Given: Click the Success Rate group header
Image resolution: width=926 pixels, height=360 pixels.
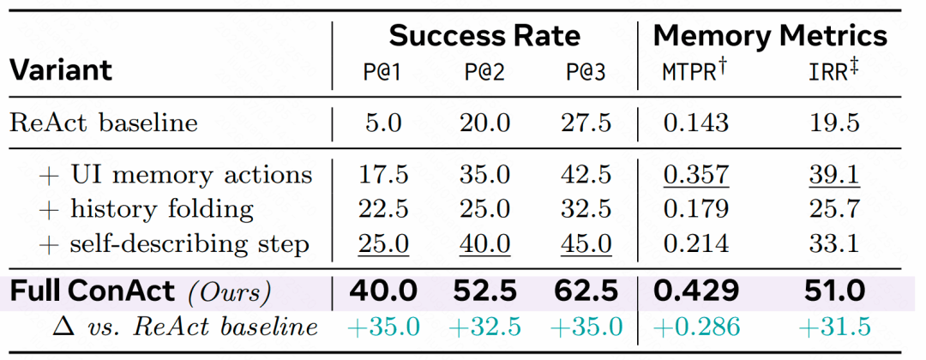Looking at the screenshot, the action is [x=484, y=37].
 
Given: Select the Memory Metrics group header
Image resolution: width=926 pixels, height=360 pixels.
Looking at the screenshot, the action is [x=770, y=37].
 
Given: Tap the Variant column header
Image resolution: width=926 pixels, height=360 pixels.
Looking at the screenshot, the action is [x=61, y=71].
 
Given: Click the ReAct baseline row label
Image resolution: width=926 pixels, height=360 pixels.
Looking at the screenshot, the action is [x=104, y=123].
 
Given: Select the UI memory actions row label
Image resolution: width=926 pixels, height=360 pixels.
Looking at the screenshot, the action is [x=175, y=175].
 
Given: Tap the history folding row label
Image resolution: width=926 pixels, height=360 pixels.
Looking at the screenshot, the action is [x=147, y=209].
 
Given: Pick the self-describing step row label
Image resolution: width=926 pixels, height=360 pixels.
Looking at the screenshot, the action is [x=174, y=243].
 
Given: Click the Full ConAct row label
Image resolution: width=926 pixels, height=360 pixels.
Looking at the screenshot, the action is [x=141, y=291].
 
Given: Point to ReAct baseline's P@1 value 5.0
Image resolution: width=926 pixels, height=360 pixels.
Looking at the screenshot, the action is [x=384, y=124].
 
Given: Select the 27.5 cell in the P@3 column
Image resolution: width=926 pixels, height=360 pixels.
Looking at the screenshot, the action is [x=586, y=124].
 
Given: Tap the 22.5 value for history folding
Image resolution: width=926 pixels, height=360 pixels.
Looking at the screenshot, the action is [x=384, y=209].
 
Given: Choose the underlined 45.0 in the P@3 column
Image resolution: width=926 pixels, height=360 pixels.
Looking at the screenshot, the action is [x=586, y=244].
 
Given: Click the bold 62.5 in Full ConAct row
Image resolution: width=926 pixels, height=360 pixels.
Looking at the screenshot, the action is [x=586, y=291].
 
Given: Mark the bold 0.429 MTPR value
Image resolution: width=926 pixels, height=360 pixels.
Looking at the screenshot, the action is [x=695, y=291].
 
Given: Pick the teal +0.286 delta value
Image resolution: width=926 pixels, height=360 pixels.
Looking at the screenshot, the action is [x=695, y=327].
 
